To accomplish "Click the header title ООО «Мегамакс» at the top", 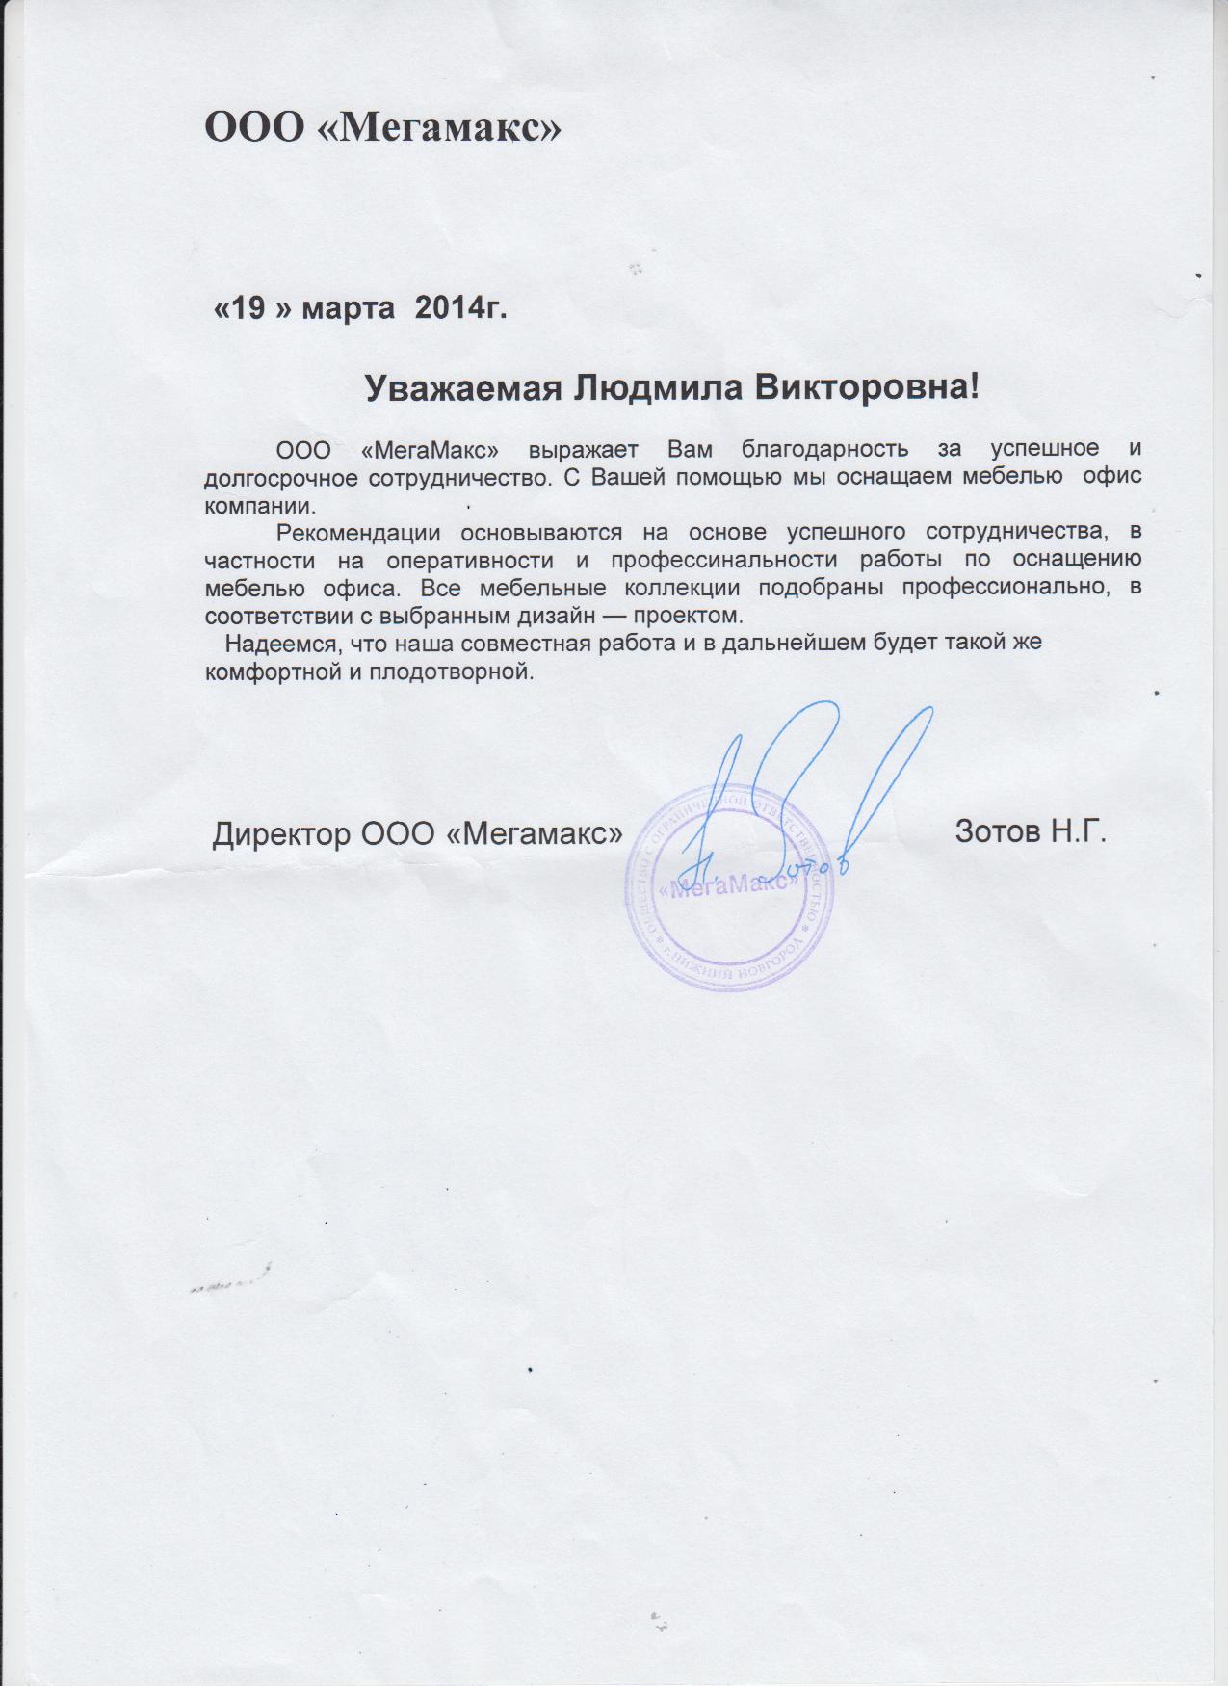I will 382,127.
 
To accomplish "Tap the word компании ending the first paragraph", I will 259,504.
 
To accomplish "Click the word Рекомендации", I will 358,532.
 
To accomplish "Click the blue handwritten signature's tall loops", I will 819,761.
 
